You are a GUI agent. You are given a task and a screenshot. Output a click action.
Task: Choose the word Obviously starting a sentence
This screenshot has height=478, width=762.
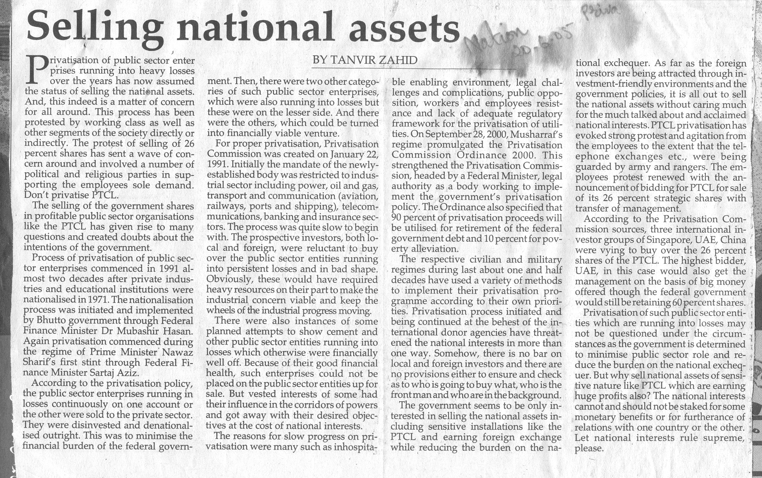pos(225,279)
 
